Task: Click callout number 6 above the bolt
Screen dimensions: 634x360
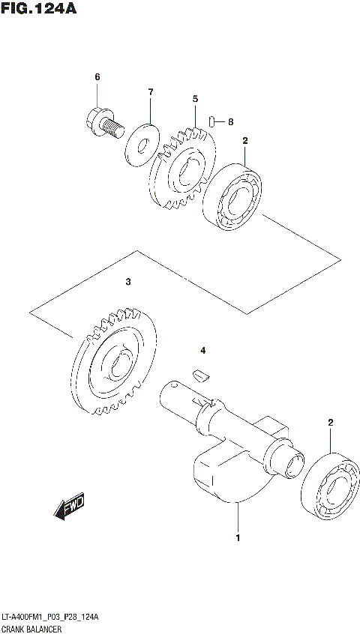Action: tap(97, 77)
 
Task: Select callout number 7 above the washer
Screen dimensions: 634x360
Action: tap(150, 92)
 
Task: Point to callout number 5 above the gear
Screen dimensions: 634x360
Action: tap(194, 98)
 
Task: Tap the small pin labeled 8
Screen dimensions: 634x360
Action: tap(213, 121)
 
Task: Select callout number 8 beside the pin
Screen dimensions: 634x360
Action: tap(231, 121)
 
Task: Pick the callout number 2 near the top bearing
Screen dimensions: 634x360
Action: tap(244, 140)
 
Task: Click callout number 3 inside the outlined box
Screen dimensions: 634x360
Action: tap(128, 282)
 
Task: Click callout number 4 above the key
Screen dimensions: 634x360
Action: tap(201, 350)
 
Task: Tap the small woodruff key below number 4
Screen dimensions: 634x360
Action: tap(199, 375)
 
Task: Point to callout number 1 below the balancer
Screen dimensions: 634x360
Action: tap(238, 538)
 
